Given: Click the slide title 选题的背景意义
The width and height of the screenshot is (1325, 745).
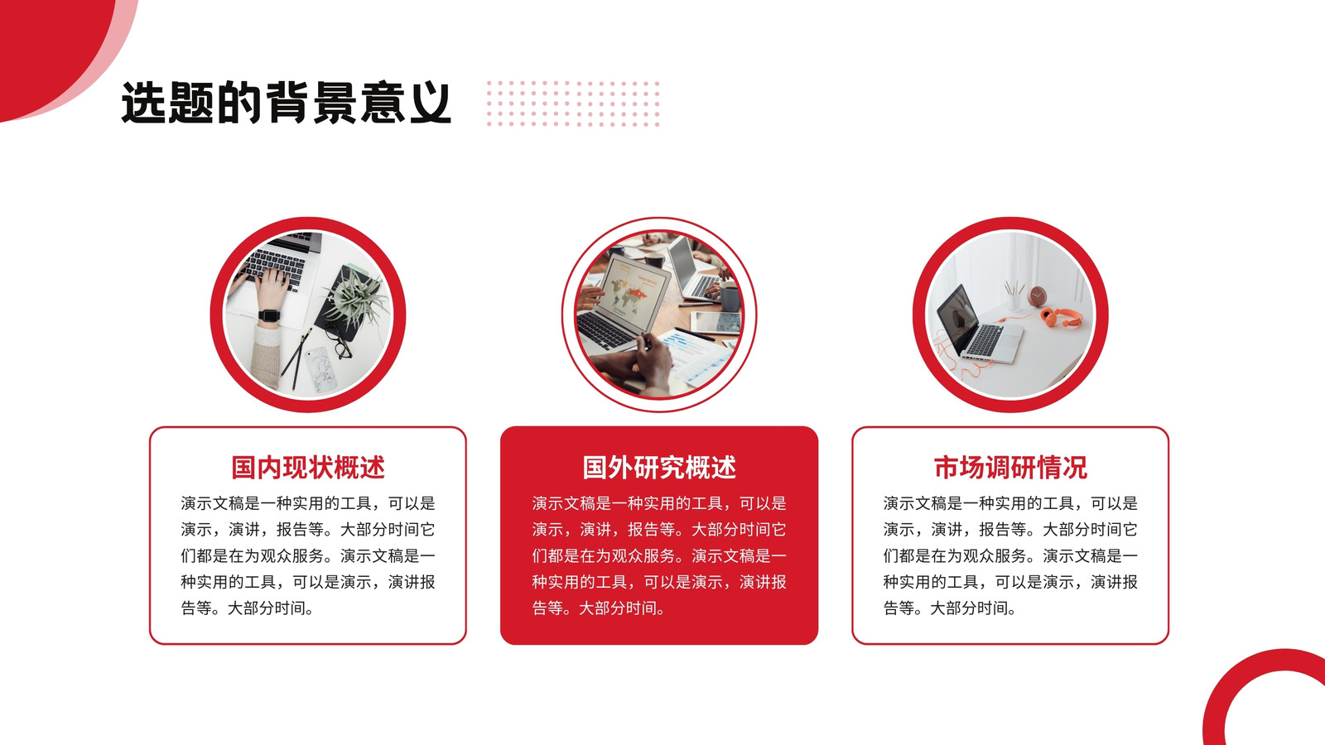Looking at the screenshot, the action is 287,103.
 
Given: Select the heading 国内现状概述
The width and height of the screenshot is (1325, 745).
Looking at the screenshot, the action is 307,467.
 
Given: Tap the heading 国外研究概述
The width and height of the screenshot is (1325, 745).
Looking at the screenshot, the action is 659,467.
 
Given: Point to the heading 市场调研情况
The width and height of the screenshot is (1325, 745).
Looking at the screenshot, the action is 1010,467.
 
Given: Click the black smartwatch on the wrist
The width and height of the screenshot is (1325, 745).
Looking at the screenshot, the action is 269,315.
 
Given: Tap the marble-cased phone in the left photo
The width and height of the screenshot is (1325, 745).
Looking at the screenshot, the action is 320,369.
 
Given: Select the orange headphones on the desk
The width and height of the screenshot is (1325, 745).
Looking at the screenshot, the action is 1061,317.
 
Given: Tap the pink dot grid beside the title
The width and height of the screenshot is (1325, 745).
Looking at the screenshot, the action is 572,103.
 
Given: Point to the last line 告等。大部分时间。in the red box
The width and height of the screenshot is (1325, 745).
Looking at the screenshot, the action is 599,608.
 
